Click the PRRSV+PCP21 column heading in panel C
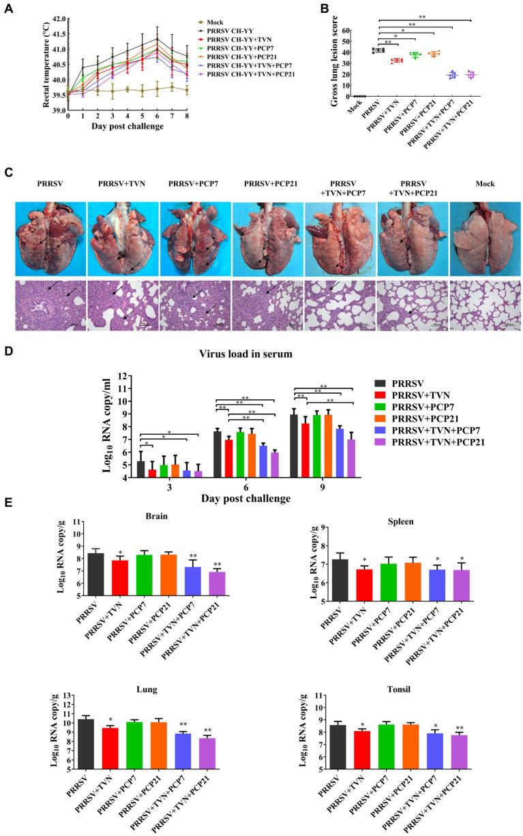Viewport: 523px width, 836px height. tap(263, 183)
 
